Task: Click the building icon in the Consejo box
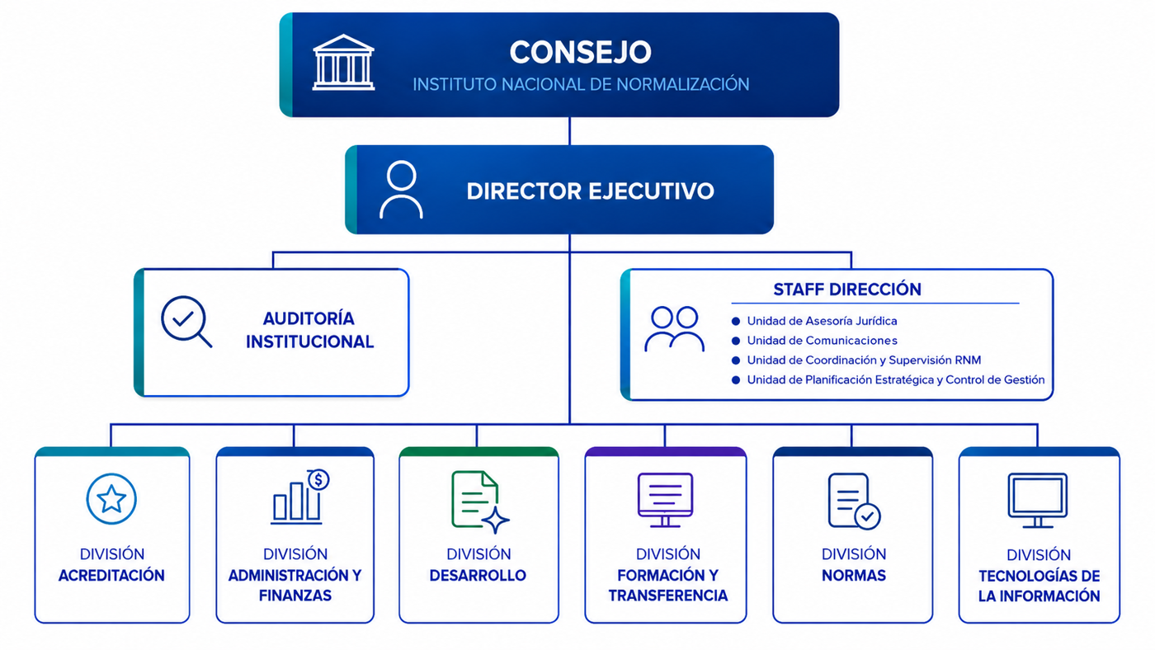click(343, 63)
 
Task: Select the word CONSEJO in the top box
click(581, 52)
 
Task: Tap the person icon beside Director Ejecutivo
click(401, 190)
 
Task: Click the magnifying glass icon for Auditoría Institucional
click(186, 321)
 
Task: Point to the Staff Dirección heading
click(847, 290)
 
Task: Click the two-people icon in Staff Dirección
click(675, 329)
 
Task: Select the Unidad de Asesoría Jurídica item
click(822, 321)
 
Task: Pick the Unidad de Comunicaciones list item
click(822, 341)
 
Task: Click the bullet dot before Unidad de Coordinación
click(736, 360)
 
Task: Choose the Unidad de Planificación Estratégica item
click(896, 380)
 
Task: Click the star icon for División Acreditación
click(111, 499)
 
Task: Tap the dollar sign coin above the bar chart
click(318, 480)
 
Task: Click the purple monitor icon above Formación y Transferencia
click(665, 500)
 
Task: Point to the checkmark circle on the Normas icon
click(868, 516)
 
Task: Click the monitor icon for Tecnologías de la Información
click(1038, 501)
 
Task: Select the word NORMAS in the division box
click(854, 575)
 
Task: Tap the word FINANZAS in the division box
click(295, 596)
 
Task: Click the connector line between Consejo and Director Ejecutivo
click(569, 131)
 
